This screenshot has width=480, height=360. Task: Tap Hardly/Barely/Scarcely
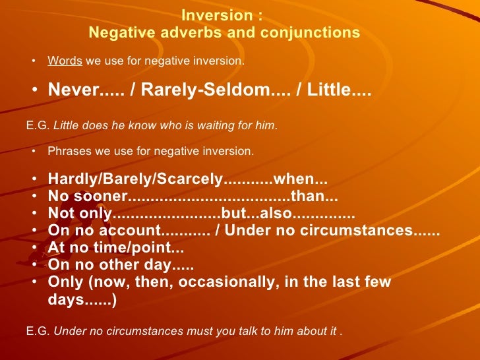[136, 180]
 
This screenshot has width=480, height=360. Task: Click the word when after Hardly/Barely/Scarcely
[291, 180]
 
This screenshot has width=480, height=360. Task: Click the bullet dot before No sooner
[34, 197]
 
